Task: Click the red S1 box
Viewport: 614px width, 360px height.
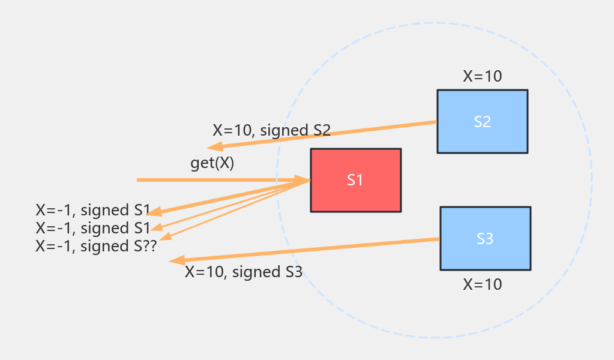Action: click(355, 180)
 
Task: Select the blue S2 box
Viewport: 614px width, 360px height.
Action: click(482, 121)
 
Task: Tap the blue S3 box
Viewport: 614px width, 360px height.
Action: click(485, 238)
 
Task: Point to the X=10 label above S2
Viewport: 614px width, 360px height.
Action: click(482, 76)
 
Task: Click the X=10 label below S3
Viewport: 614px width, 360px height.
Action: click(482, 284)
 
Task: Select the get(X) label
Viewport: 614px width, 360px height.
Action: click(212, 163)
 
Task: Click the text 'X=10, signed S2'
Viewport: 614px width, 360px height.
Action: click(271, 130)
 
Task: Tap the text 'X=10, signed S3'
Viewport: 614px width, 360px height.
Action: click(243, 272)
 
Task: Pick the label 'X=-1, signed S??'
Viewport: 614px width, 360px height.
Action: click(96, 246)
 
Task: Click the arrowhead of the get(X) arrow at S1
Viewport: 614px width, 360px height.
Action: click(303, 179)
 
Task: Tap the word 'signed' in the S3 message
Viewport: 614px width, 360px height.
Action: click(253, 272)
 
